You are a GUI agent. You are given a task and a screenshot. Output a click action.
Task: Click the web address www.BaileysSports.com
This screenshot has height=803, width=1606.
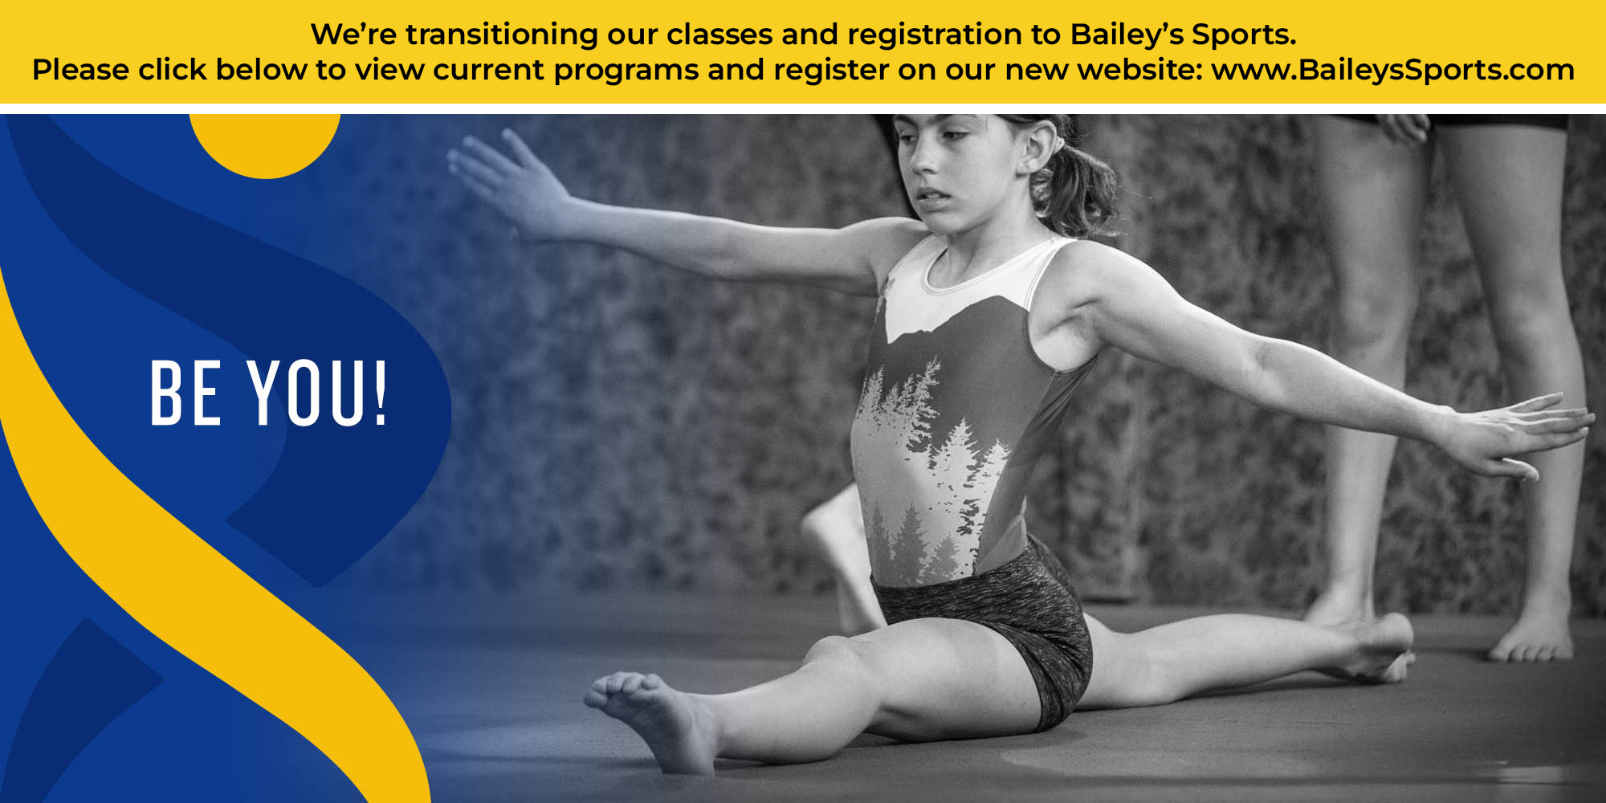point(1393,70)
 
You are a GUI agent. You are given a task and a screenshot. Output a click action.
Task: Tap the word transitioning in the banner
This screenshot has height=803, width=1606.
point(502,35)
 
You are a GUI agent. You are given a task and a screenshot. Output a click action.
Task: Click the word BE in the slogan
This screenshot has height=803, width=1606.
point(185,393)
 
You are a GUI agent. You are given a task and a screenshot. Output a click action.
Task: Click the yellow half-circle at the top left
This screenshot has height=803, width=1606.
point(265,145)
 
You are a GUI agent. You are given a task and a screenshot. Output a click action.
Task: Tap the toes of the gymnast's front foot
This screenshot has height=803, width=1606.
point(618,691)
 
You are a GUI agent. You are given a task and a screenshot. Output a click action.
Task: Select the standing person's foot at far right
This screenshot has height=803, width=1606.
point(1531,638)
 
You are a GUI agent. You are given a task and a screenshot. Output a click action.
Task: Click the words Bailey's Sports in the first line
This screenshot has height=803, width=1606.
point(1183,35)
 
